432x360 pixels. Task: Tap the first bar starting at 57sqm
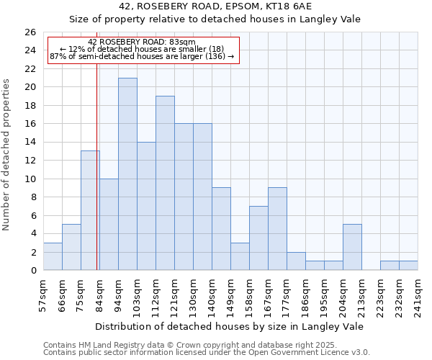click(x=53, y=256)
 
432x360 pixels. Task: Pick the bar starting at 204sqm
click(x=352, y=247)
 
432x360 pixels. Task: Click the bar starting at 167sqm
click(x=277, y=229)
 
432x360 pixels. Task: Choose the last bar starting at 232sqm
click(x=408, y=266)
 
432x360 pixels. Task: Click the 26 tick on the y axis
click(x=30, y=32)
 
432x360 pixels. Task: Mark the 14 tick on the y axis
click(x=30, y=143)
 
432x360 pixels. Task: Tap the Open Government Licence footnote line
click(x=207, y=352)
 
